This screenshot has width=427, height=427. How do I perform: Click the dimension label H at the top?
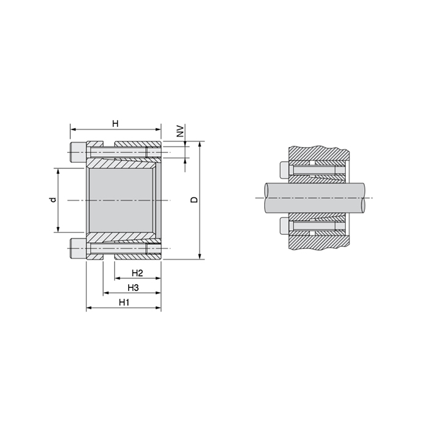115,124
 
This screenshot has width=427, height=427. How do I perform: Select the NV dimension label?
180,132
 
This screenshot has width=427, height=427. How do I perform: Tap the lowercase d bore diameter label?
52,199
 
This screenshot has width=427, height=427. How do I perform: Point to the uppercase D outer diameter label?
194,200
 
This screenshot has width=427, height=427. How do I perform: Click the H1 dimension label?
124,303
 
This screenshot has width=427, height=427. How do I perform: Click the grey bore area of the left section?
120,199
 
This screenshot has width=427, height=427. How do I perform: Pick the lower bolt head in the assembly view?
283,226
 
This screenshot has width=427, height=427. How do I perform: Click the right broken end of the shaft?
366,198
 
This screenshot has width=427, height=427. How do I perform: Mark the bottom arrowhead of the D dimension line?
199,256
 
